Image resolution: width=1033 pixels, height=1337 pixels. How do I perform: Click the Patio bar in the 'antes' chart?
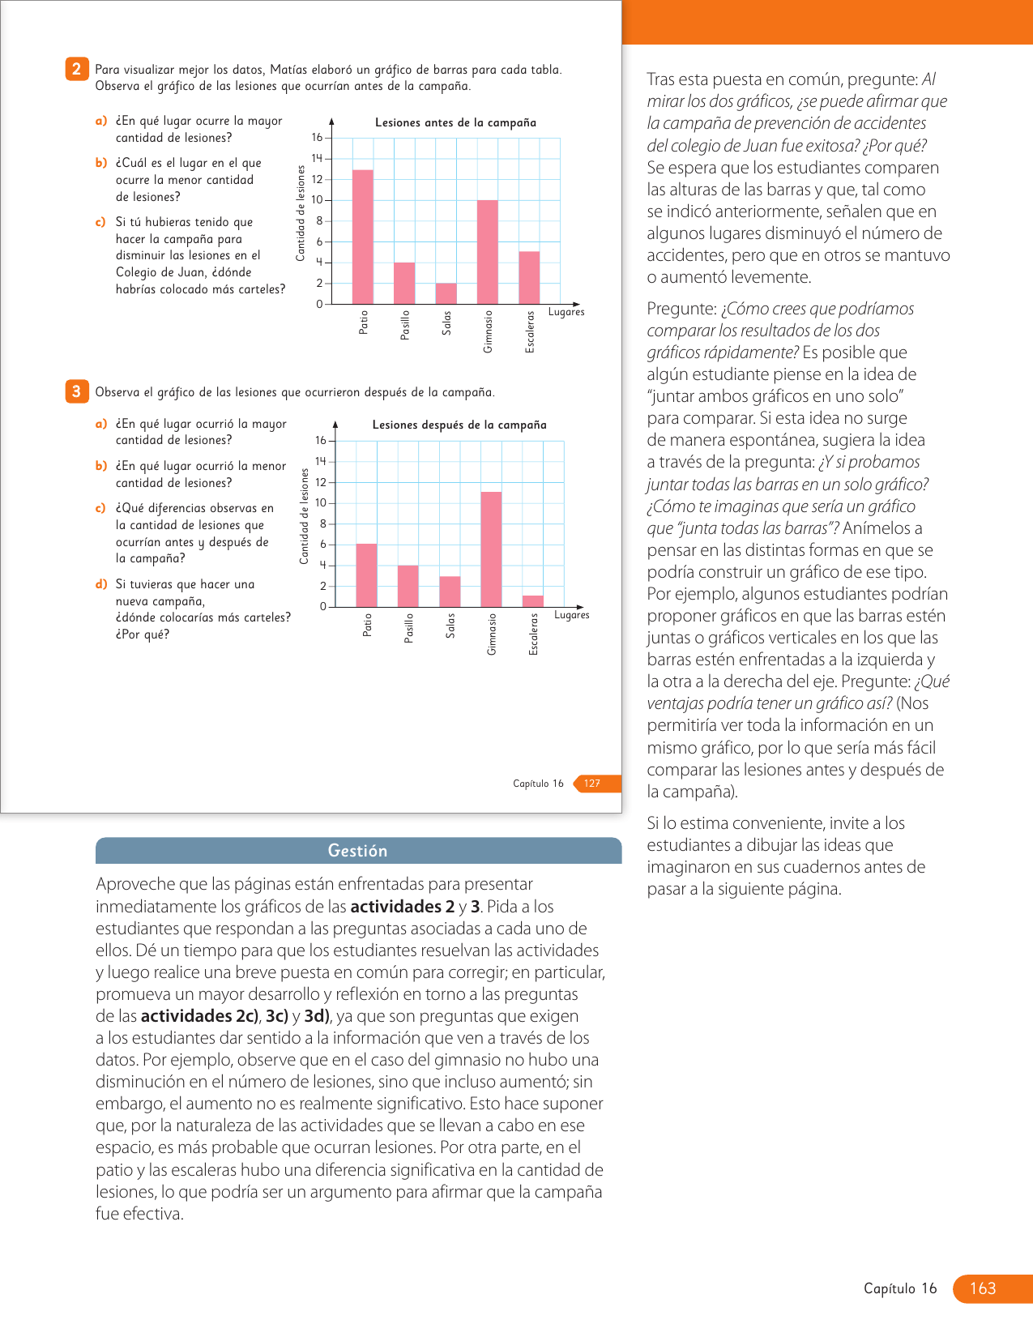(x=363, y=237)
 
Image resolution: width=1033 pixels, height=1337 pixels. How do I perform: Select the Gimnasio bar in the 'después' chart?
(x=491, y=549)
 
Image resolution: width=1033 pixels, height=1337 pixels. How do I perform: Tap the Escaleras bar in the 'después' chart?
(x=533, y=601)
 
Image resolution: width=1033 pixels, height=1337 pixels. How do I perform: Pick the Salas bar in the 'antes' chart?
(x=446, y=293)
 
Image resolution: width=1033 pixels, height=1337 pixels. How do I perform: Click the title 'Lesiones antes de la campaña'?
(x=455, y=122)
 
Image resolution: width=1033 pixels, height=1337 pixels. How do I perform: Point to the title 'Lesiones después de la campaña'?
(x=459, y=425)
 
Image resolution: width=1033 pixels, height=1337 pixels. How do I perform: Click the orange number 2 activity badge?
(x=76, y=69)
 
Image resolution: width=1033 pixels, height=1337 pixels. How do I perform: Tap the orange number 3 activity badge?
(x=76, y=391)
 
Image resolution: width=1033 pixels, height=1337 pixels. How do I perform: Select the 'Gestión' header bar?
(x=358, y=851)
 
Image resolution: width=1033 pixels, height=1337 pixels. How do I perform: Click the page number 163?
(x=982, y=1288)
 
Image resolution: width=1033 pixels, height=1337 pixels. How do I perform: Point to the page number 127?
(x=592, y=784)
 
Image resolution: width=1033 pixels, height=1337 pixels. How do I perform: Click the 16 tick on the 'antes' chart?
(x=317, y=138)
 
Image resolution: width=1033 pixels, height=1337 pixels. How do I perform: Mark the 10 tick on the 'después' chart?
(x=321, y=503)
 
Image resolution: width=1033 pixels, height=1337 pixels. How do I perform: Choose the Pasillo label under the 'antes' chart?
(x=405, y=325)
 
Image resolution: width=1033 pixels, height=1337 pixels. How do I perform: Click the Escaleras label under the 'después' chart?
(x=533, y=634)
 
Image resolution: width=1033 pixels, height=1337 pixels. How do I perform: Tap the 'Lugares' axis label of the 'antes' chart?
(x=566, y=312)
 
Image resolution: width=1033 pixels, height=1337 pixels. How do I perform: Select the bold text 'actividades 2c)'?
(x=199, y=1016)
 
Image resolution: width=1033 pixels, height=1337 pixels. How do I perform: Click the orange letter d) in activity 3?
(x=101, y=584)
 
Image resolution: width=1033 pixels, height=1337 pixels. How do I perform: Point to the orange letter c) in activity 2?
(x=100, y=222)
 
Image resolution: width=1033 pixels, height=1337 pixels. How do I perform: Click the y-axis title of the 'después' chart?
(x=305, y=516)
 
